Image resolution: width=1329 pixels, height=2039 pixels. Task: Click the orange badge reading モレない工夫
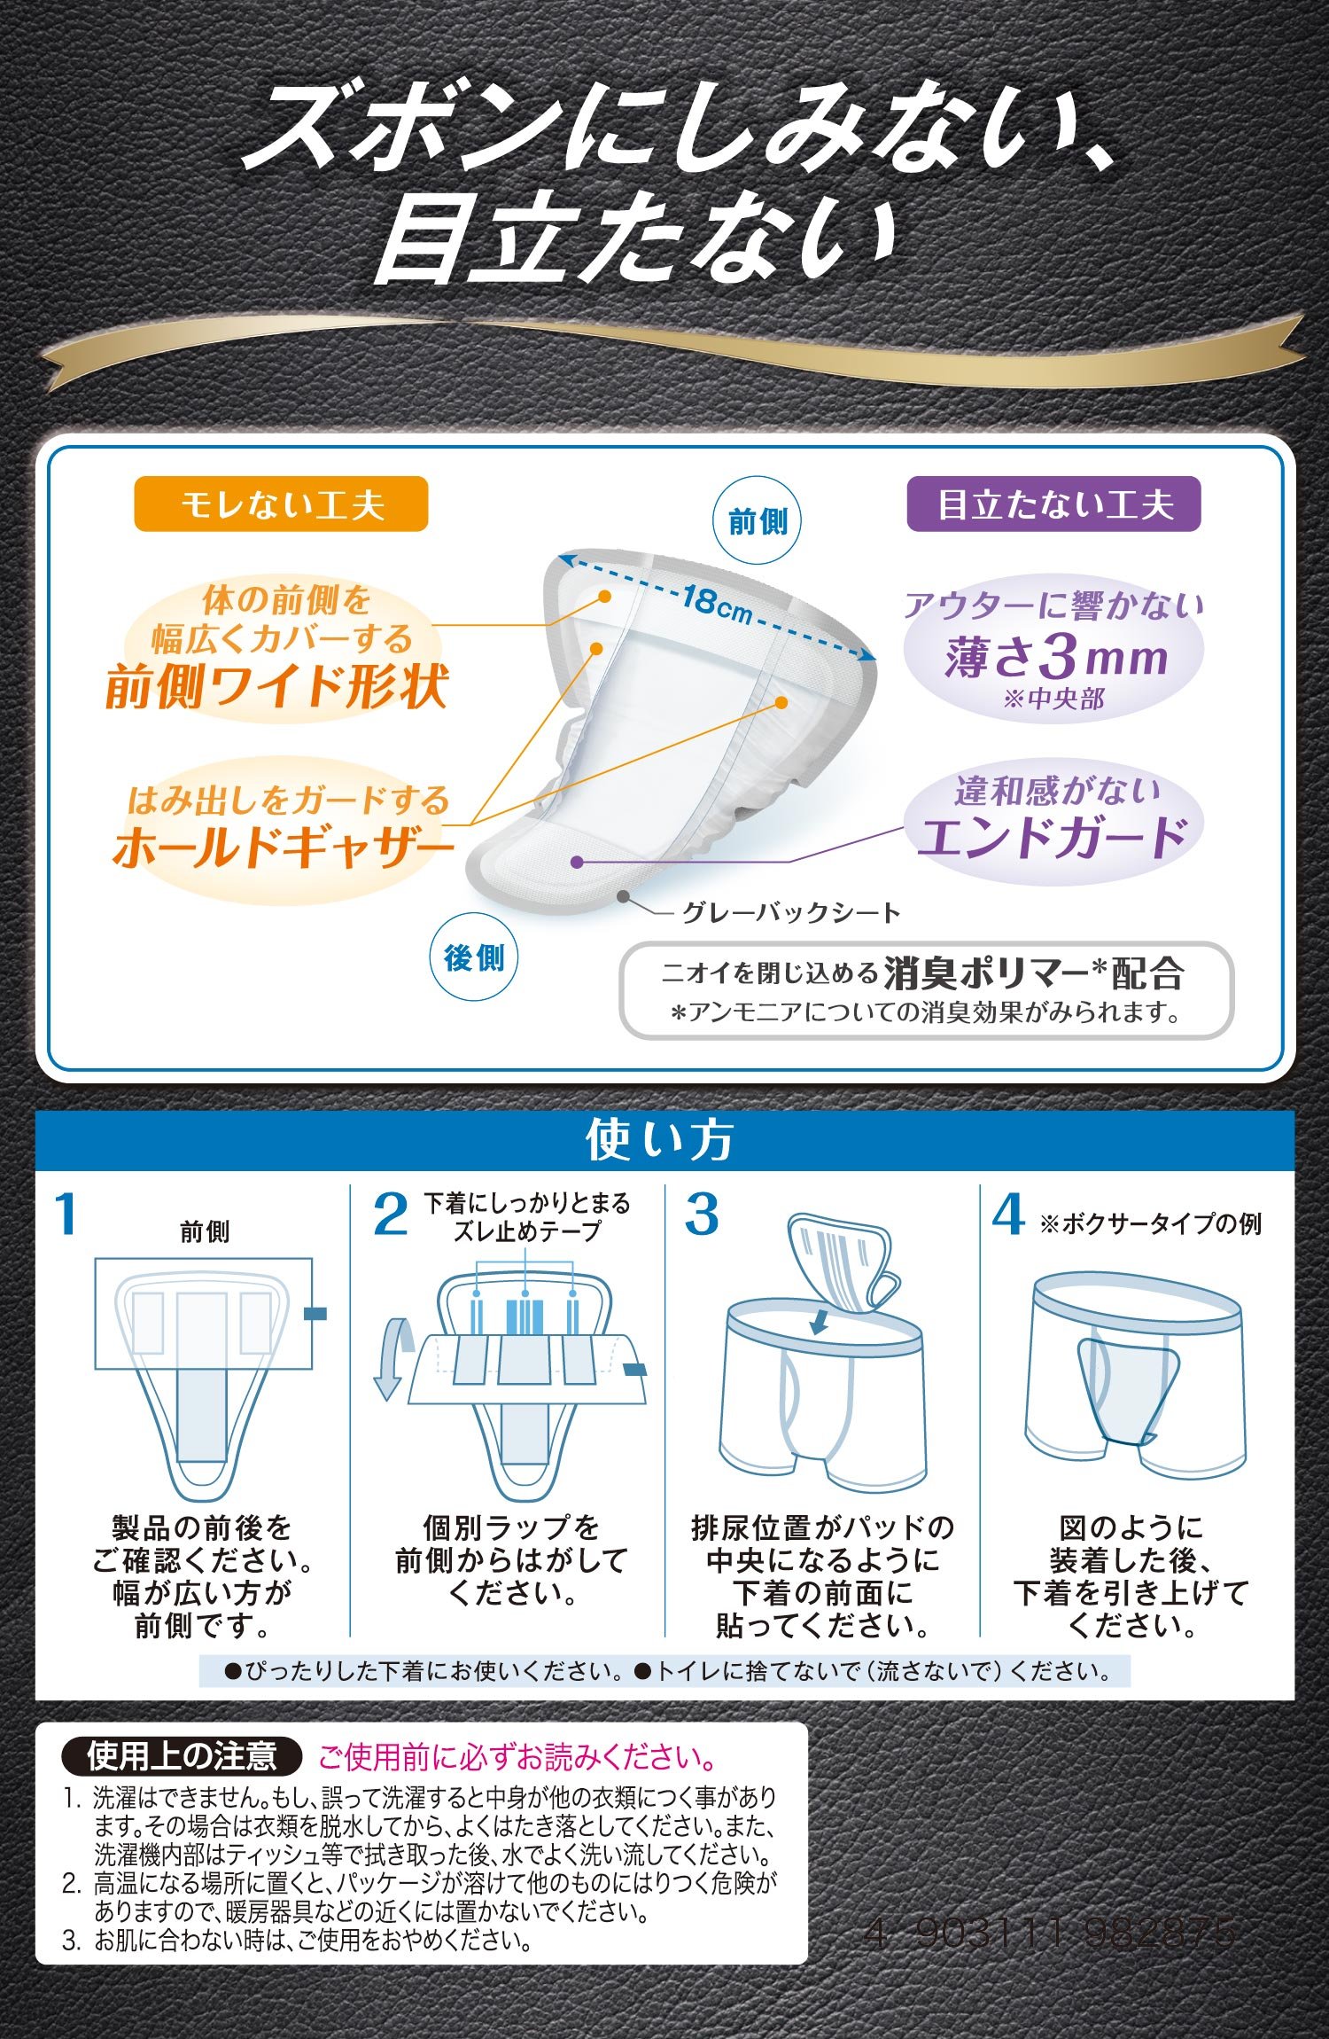pyautogui.click(x=281, y=504)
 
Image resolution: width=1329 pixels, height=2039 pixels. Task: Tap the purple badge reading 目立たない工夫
pyautogui.click(x=1053, y=504)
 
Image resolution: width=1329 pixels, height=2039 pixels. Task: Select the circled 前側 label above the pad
pyautogui.click(x=758, y=521)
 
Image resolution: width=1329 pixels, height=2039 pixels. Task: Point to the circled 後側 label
pyautogui.click(x=474, y=957)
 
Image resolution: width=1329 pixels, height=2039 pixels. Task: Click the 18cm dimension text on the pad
pyautogui.click(x=717, y=604)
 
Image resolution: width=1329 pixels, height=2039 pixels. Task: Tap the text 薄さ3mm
pyautogui.click(x=1055, y=657)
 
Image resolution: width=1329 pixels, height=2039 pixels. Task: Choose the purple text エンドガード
pyautogui.click(x=1053, y=838)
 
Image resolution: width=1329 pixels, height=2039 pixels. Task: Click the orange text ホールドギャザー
pyautogui.click(x=283, y=847)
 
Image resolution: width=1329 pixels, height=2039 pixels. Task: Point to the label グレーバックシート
pyautogui.click(x=791, y=912)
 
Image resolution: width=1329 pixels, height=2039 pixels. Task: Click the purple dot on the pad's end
pyautogui.click(x=577, y=862)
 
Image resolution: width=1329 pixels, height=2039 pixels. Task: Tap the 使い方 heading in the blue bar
pyautogui.click(x=660, y=1140)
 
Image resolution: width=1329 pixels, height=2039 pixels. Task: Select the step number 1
pyautogui.click(x=66, y=1214)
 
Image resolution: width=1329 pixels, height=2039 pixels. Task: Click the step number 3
pyautogui.click(x=702, y=1214)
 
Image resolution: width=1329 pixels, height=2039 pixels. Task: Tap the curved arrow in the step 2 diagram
pyautogui.click(x=394, y=1358)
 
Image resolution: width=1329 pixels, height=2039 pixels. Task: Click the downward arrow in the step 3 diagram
pyautogui.click(x=820, y=1322)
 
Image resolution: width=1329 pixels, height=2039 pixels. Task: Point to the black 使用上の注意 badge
pyautogui.click(x=182, y=1755)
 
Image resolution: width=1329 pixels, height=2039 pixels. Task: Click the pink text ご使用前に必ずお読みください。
pyautogui.click(x=517, y=1756)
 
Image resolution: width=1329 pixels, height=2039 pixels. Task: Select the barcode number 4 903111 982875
pyautogui.click(x=1050, y=1933)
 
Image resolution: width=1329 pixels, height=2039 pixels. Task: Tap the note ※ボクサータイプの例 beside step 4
pyautogui.click(x=1150, y=1223)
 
